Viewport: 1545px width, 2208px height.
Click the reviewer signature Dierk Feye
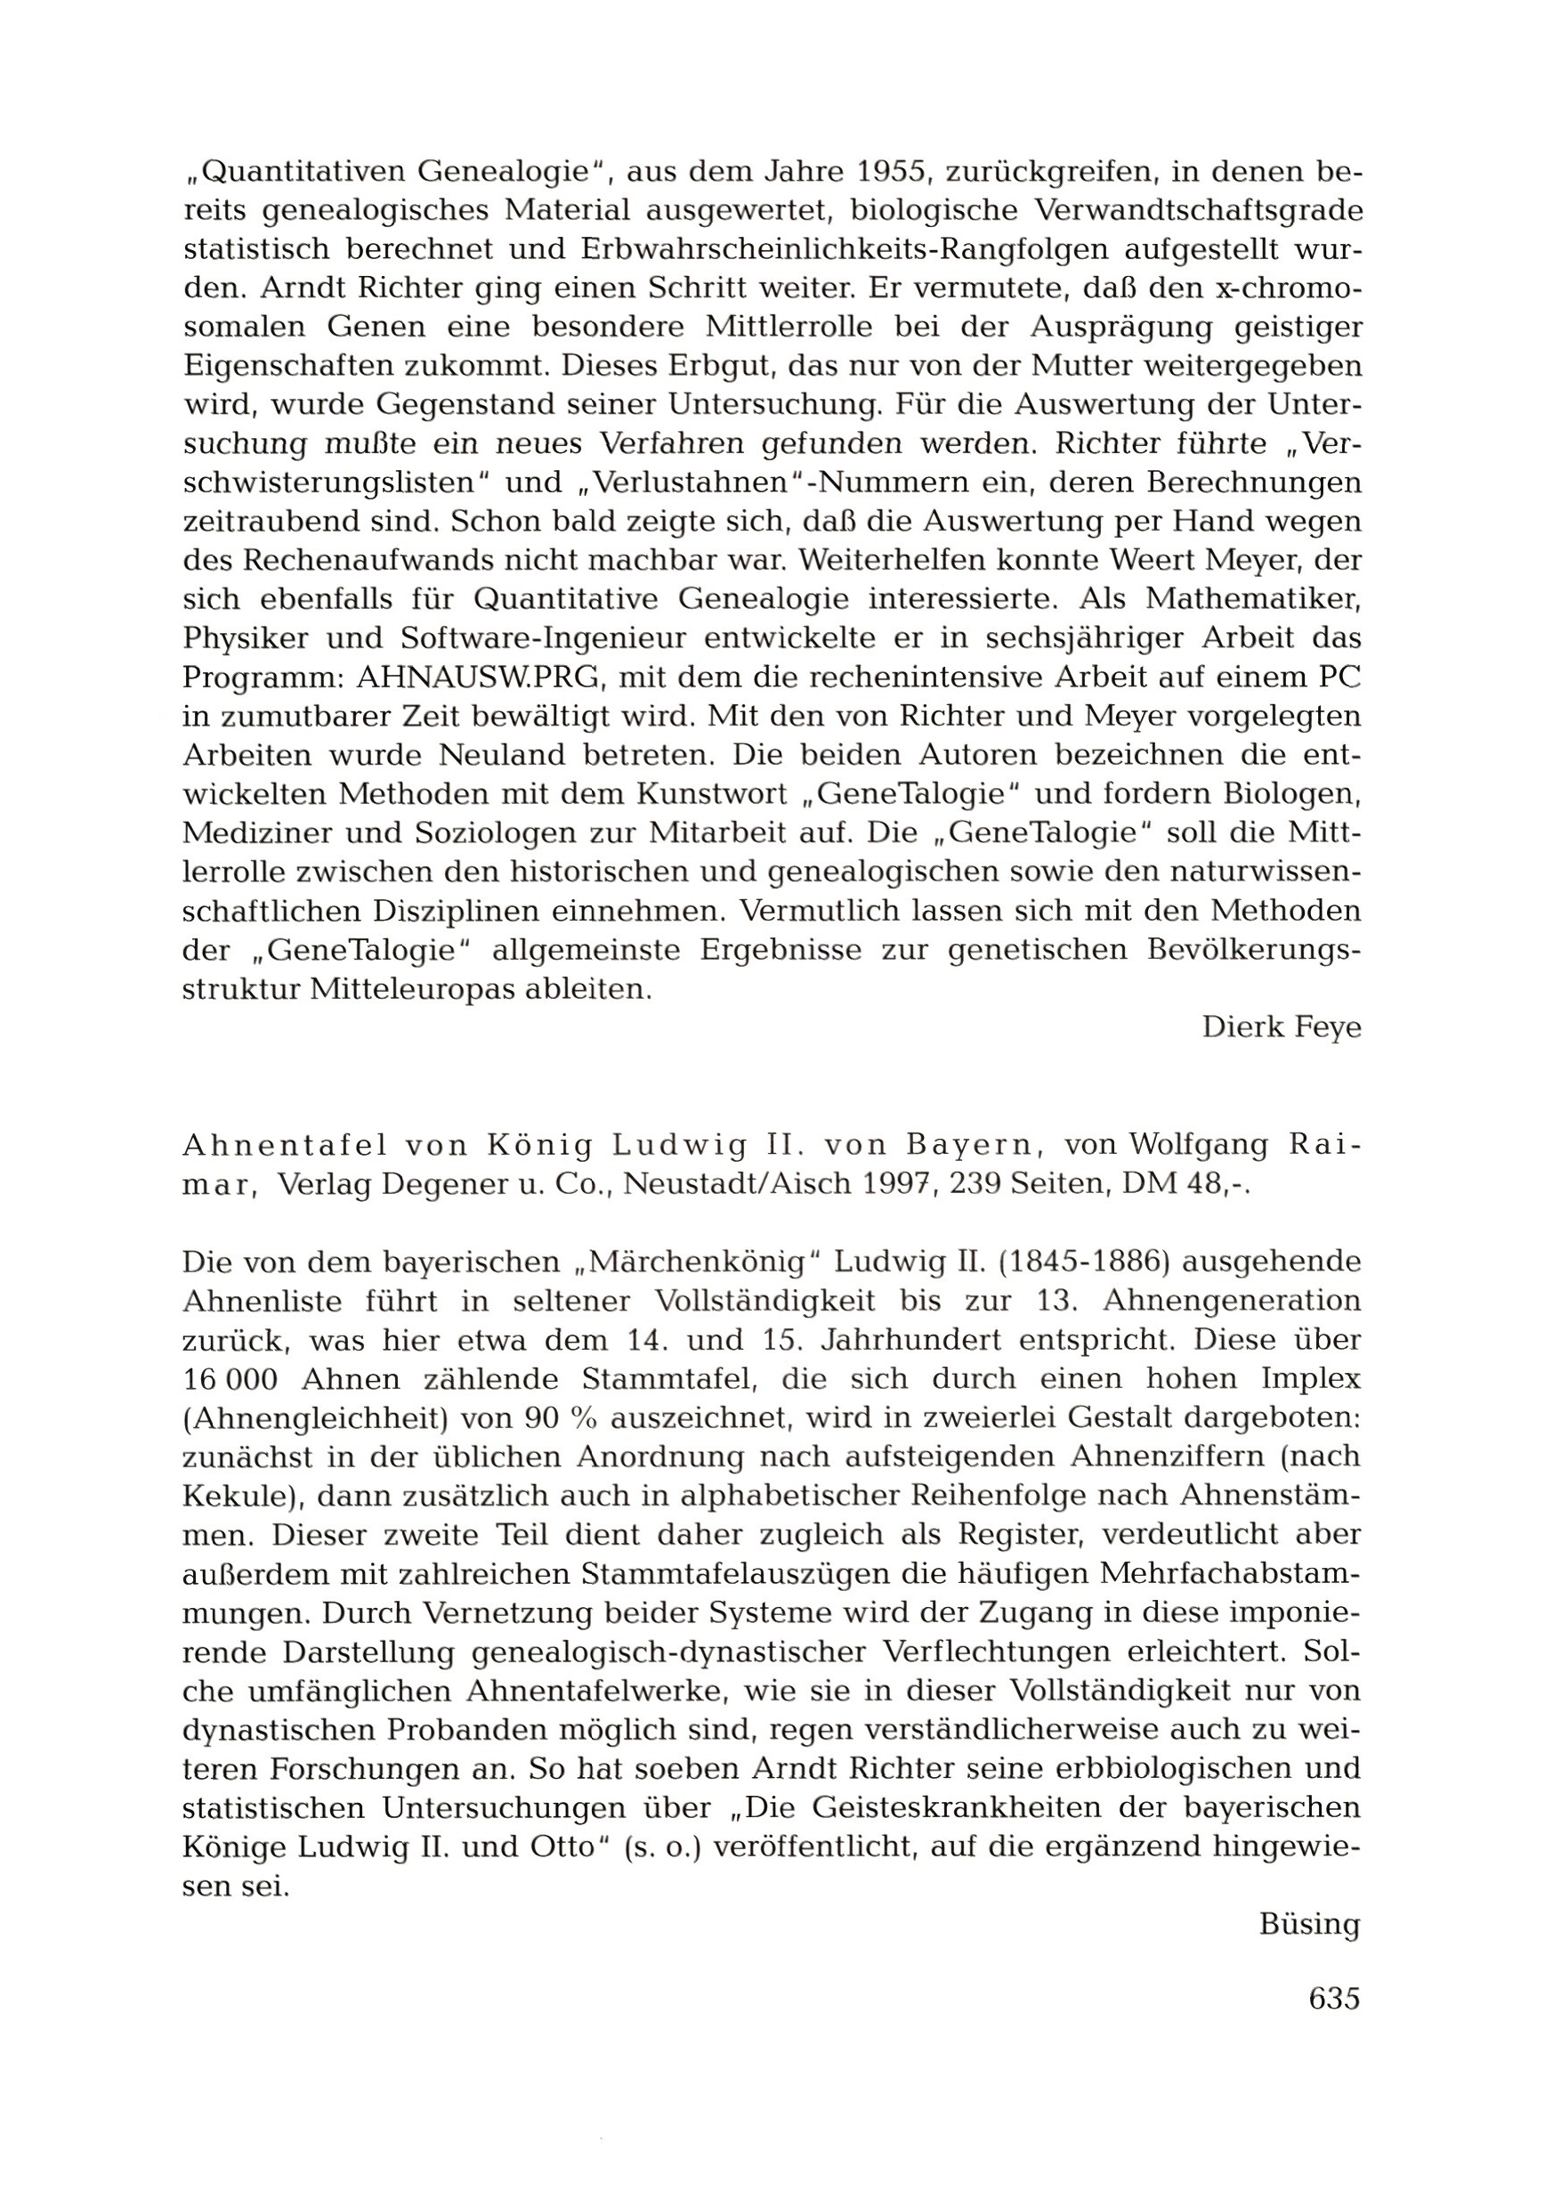click(x=1281, y=1027)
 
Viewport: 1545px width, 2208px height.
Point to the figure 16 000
click(x=230, y=1379)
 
